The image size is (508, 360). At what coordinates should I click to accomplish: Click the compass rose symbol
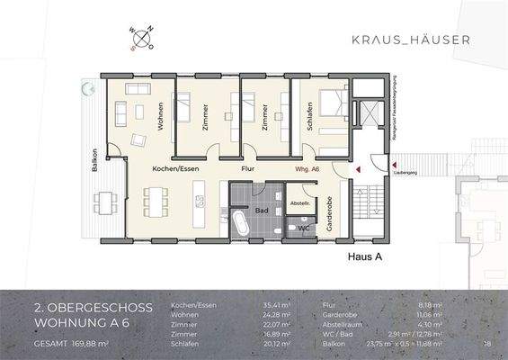[144, 39]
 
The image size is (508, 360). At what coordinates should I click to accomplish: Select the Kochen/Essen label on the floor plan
[174, 168]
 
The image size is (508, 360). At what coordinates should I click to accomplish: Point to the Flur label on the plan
[249, 168]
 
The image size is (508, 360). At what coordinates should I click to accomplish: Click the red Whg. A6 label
[308, 168]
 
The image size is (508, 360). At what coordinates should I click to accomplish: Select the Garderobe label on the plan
[331, 213]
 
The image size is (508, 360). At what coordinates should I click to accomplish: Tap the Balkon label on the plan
[93, 160]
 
